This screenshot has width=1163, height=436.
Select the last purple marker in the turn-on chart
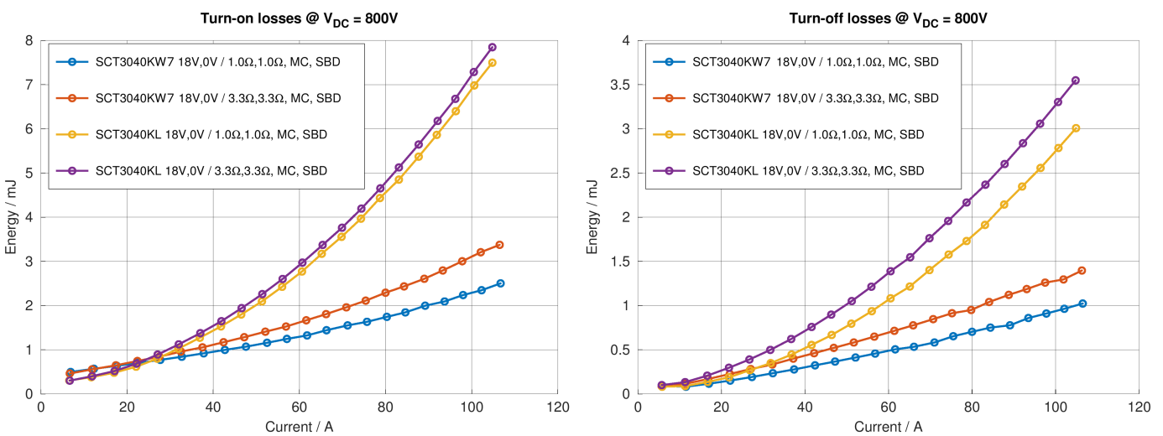click(493, 47)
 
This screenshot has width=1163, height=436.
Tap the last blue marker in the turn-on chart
click(501, 283)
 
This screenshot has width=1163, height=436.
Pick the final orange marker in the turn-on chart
click(500, 245)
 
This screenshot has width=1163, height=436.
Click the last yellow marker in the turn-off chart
click(1076, 128)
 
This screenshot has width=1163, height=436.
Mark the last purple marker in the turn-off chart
click(1076, 80)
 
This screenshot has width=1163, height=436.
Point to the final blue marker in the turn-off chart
click(1082, 304)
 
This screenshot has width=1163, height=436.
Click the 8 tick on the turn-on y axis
click(30, 41)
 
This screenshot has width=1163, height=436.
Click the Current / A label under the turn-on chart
click(300, 426)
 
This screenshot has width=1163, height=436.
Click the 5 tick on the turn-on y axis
click(30, 174)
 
